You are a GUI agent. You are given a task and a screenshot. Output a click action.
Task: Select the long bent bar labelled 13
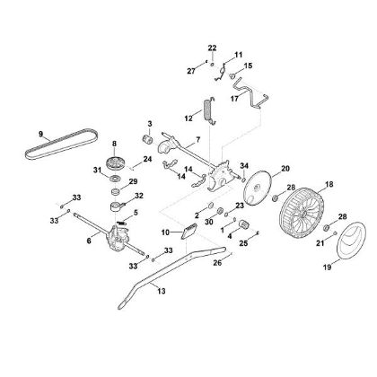tap(135, 288)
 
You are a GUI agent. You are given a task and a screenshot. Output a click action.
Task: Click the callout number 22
tap(212, 47)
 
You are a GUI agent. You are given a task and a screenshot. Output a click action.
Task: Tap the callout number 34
tap(244, 164)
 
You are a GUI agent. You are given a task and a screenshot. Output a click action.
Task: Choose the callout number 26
tap(217, 263)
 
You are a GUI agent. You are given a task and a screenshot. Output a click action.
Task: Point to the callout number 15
tap(249, 66)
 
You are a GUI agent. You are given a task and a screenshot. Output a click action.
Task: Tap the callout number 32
tap(138, 195)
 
